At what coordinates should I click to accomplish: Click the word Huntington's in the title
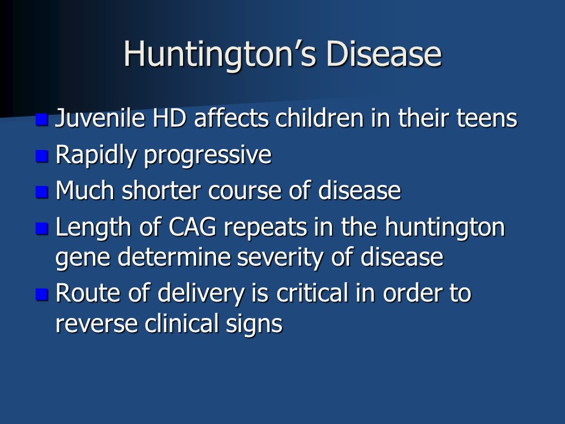220,55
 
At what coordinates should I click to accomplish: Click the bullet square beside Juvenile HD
42,120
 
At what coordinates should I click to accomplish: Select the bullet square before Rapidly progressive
42,156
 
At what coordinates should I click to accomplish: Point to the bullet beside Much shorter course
42,192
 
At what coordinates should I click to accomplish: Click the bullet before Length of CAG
42,228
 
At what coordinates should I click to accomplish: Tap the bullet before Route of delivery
42,294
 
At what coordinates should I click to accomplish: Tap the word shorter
161,190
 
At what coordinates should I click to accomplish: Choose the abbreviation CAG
192,227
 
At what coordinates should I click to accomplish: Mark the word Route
88,293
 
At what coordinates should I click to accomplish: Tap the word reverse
96,324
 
